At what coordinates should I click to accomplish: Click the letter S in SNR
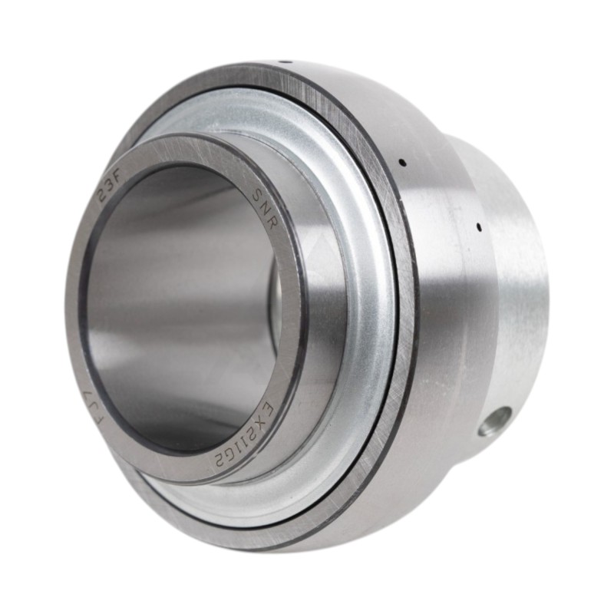point(258,197)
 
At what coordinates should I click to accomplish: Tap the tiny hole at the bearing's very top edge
point(281,61)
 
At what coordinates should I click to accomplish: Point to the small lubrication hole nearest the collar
point(479,226)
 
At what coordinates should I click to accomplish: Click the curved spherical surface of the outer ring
point(445,322)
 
